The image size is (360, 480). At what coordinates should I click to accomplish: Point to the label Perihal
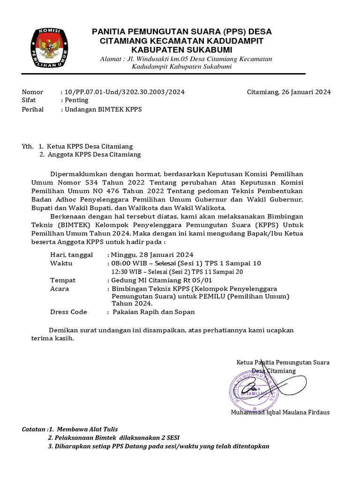(33, 109)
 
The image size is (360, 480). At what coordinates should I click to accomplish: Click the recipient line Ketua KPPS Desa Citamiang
(90, 147)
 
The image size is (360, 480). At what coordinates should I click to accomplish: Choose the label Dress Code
(68, 312)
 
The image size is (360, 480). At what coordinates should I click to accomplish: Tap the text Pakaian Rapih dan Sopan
(153, 312)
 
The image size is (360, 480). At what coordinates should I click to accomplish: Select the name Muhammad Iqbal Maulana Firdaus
(280, 412)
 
